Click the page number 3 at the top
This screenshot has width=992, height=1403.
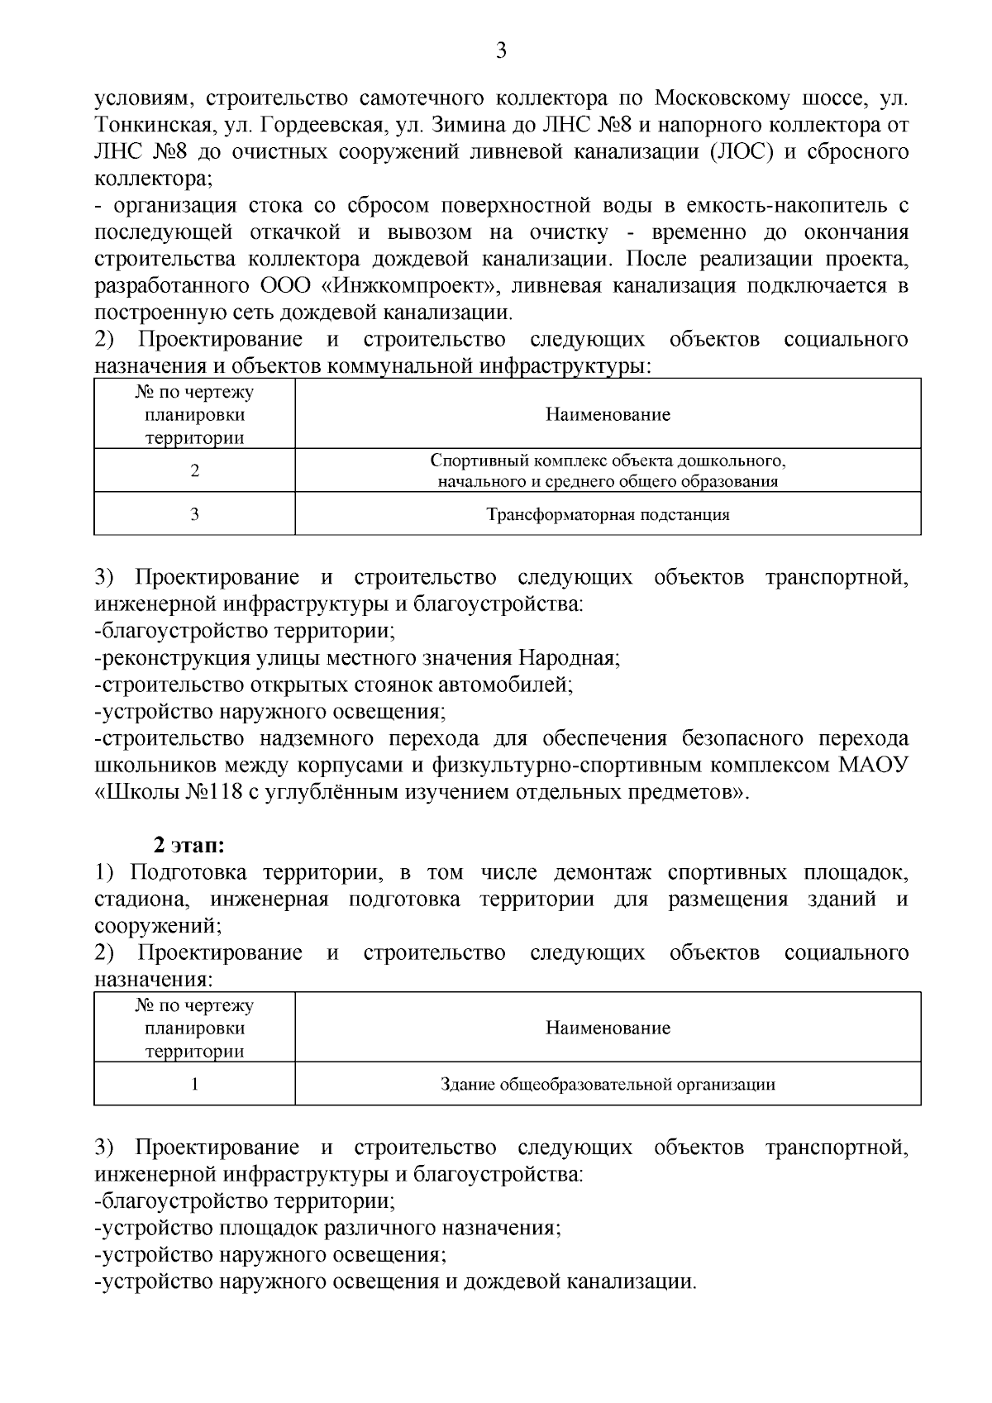[x=500, y=51]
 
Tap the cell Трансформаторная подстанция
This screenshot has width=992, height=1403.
[x=608, y=515]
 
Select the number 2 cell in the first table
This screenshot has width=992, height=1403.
[x=195, y=471]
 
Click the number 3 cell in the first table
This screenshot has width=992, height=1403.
[x=195, y=515]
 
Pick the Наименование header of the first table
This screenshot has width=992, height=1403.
[x=608, y=414]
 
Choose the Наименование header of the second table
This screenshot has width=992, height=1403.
[x=608, y=1028]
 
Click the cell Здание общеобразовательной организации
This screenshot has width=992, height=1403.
[x=608, y=1084]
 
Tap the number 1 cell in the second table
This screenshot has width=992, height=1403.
[x=195, y=1084]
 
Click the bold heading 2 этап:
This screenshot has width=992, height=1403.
[x=189, y=846]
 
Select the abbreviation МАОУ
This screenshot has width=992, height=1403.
[x=874, y=766]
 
